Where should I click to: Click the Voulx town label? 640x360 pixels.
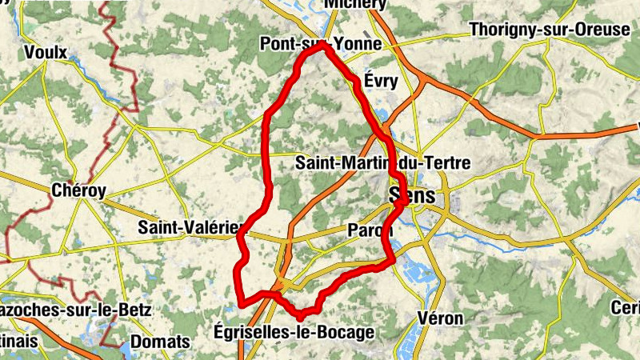pos(46,52)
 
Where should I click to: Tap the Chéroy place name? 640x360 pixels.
pos(78,190)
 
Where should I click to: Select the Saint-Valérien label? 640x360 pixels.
pos(189,227)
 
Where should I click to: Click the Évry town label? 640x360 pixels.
pos(381,81)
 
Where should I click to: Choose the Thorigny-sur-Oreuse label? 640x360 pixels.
pos(550,30)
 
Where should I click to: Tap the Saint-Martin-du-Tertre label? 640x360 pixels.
pos(383,162)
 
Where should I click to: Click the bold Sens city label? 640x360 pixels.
pos(413,196)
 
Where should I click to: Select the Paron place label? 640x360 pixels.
pos(370,230)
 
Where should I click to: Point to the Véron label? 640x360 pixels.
pos(439,318)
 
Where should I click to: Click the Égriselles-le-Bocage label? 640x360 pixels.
pos(294,331)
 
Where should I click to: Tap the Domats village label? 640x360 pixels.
pos(160,342)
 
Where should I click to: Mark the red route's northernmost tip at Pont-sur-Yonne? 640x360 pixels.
pos(324,46)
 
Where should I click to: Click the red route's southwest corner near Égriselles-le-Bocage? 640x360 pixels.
pos(239,302)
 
